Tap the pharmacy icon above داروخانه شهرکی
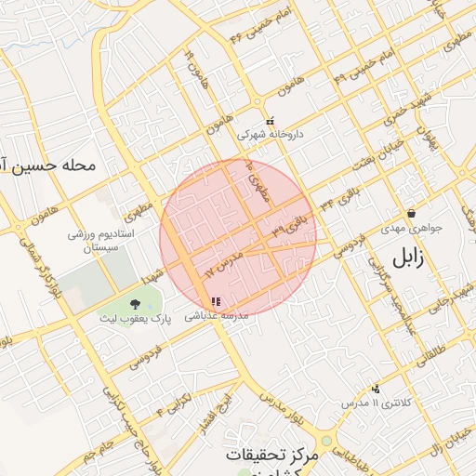pos(271,120)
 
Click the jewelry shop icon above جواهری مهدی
pos(410,213)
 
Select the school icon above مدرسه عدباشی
pos(217,301)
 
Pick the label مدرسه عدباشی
pos(218,316)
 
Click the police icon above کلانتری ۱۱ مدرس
pos(376,389)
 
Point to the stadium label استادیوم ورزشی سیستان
pos(102,241)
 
